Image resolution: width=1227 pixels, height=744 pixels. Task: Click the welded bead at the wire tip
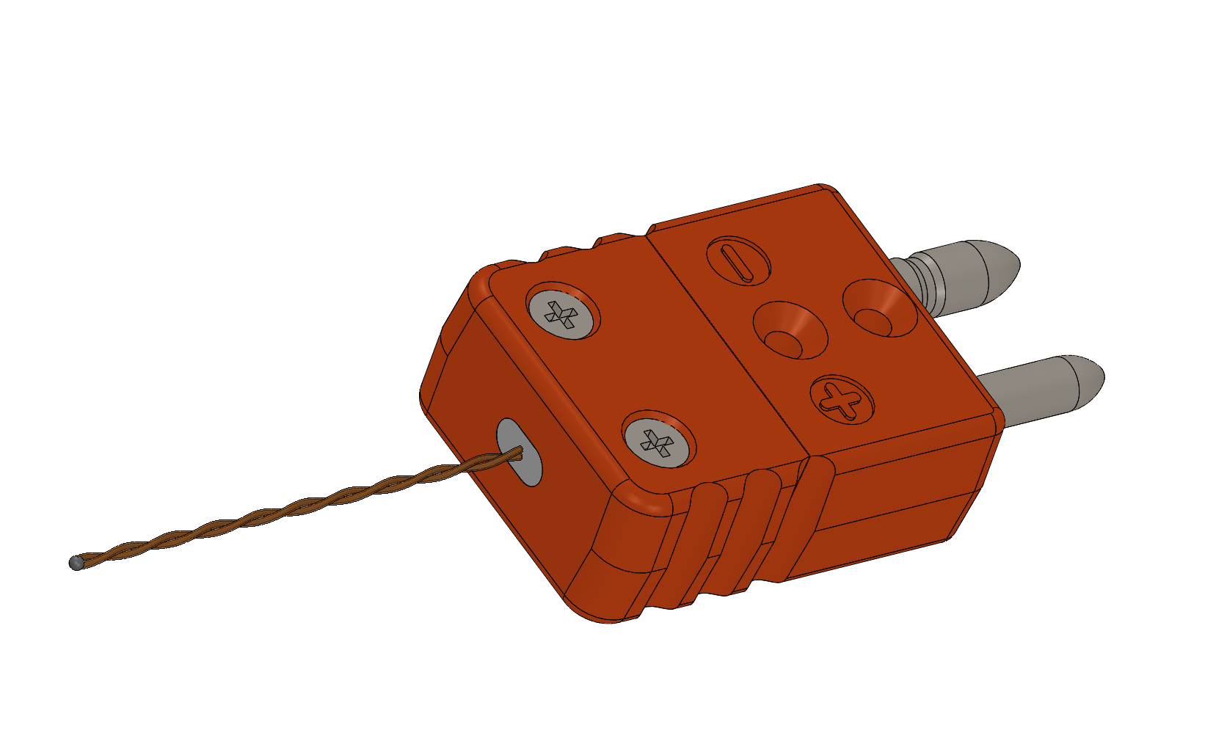click(76, 563)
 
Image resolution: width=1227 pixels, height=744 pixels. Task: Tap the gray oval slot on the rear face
click(519, 451)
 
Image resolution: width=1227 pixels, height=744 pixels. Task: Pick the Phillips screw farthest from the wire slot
click(563, 311)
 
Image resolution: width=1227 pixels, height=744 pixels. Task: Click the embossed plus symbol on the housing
click(842, 398)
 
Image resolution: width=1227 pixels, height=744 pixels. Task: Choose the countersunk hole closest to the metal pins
click(878, 308)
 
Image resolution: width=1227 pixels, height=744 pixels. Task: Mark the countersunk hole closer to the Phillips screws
click(790, 331)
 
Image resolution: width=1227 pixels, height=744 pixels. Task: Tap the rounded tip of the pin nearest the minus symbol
click(1002, 263)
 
